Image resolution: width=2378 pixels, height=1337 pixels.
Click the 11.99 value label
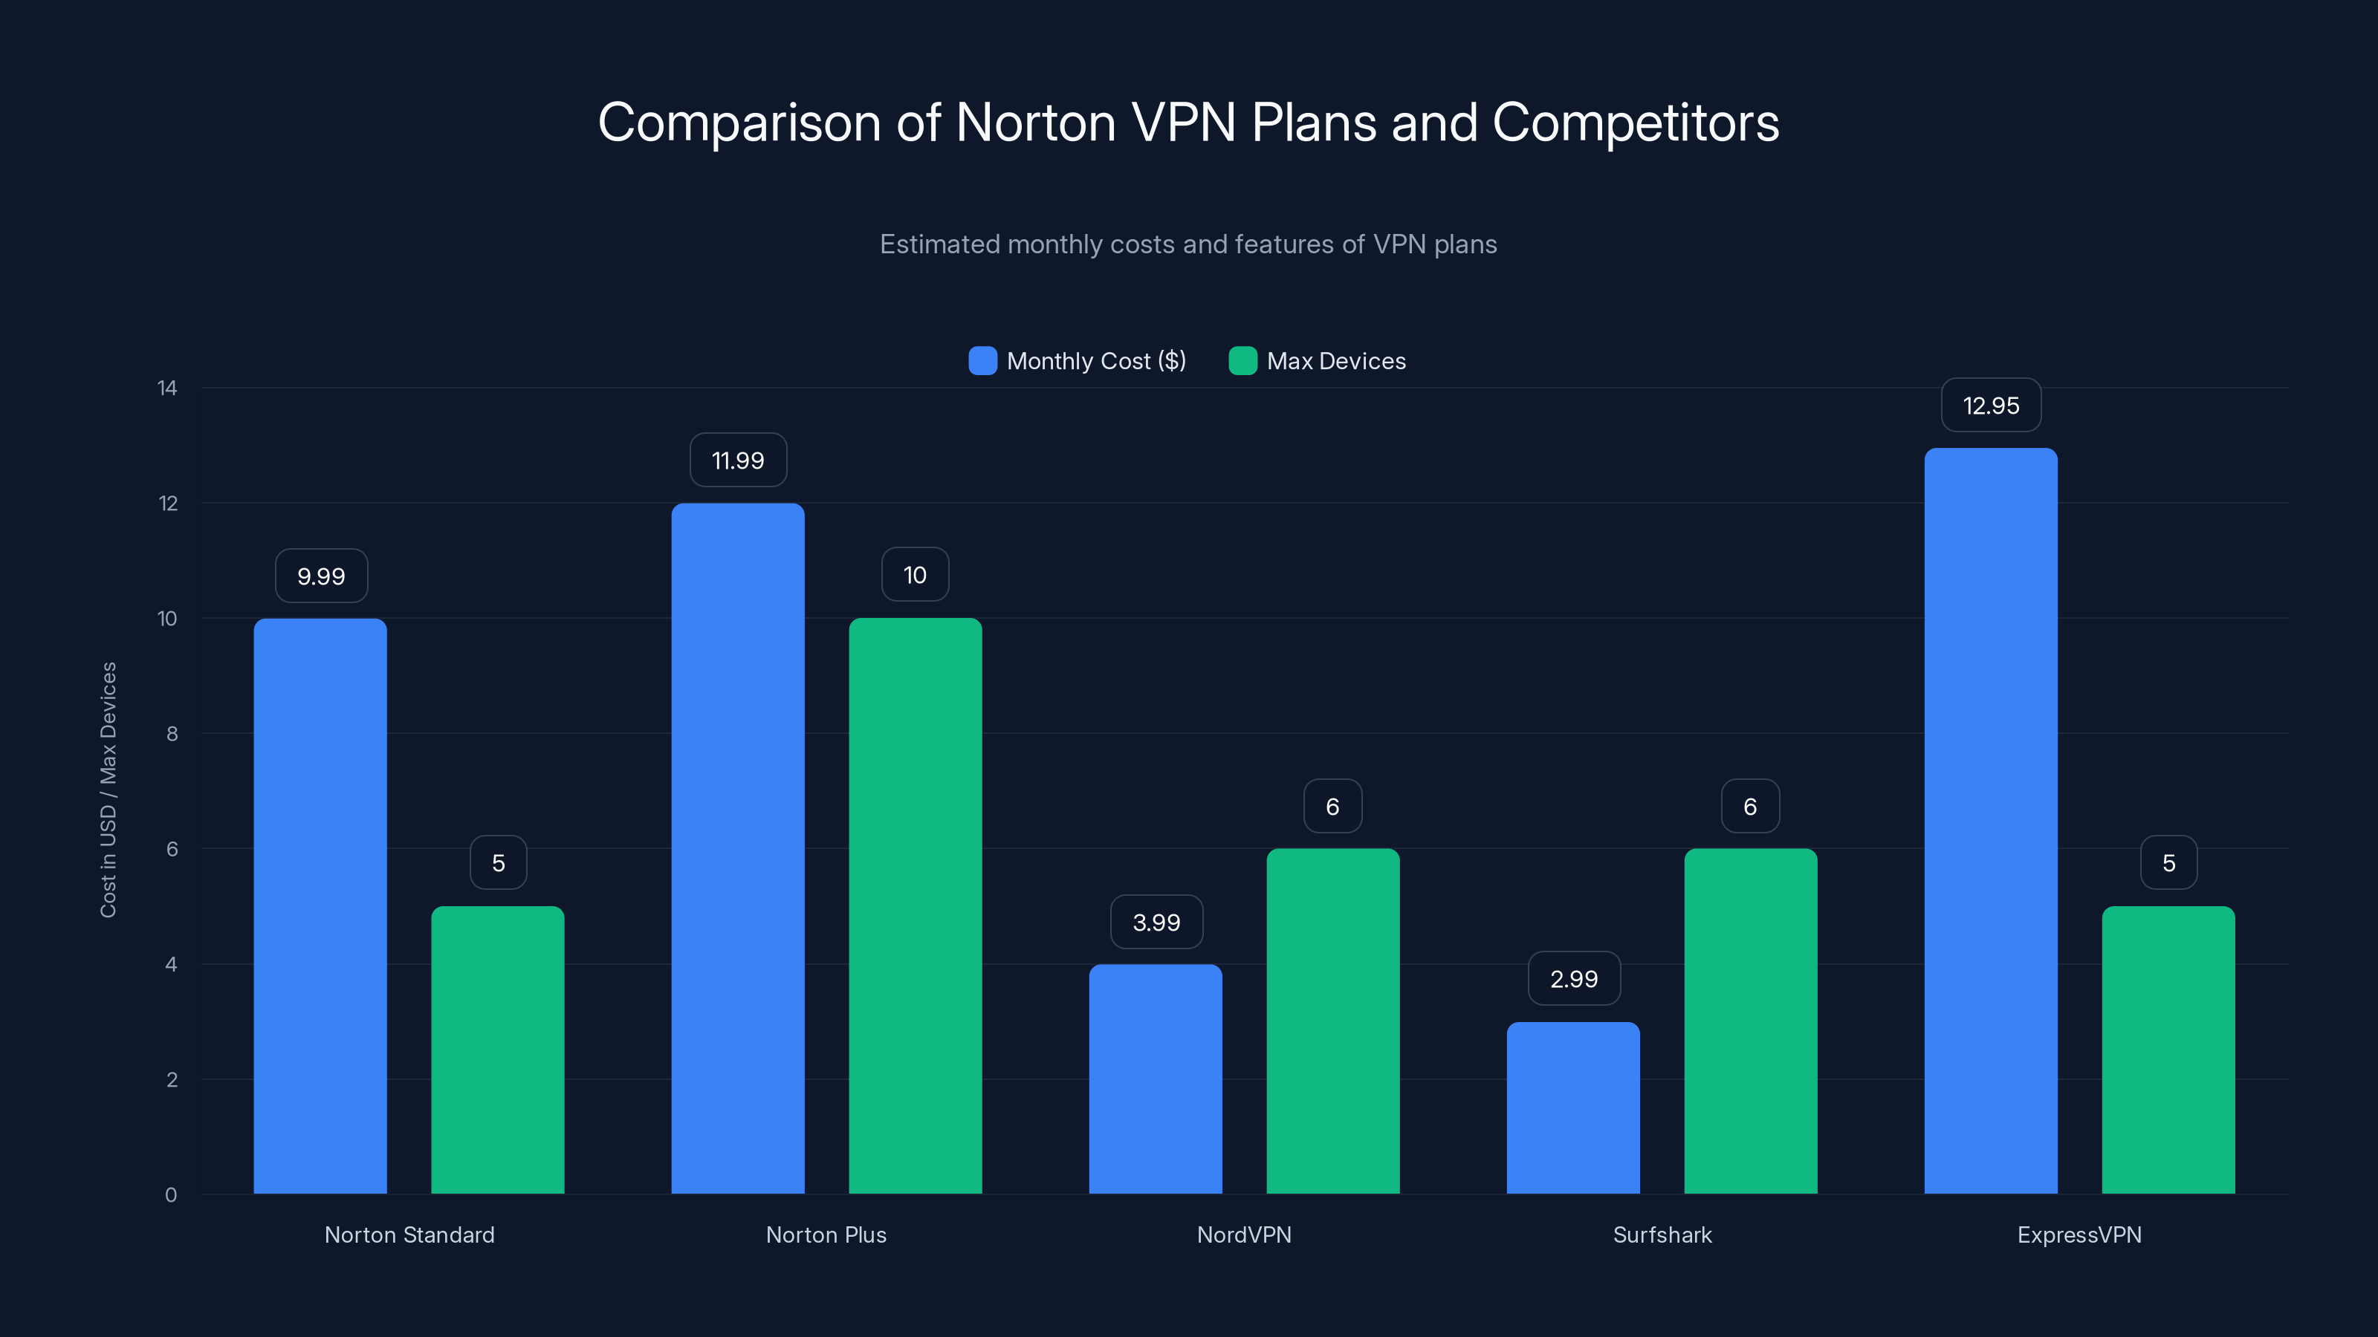click(738, 460)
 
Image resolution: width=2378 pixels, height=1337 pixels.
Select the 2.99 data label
click(1573, 978)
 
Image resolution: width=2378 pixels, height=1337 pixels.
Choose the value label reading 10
click(915, 575)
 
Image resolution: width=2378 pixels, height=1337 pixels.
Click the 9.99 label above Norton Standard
click(321, 576)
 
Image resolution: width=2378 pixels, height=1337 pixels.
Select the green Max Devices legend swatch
click(1243, 361)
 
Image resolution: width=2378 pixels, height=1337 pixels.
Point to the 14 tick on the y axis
click(167, 388)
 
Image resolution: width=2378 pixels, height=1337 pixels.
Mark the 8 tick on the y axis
click(172, 734)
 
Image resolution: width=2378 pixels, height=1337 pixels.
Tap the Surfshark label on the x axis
click(1662, 1234)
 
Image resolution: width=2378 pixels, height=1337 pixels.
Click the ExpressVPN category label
click(2079, 1234)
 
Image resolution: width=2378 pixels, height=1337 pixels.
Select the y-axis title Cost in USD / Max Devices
click(108, 789)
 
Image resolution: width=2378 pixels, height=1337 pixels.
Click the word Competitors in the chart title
click(1635, 123)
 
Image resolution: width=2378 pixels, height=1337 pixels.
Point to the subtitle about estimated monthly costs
click(1188, 244)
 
